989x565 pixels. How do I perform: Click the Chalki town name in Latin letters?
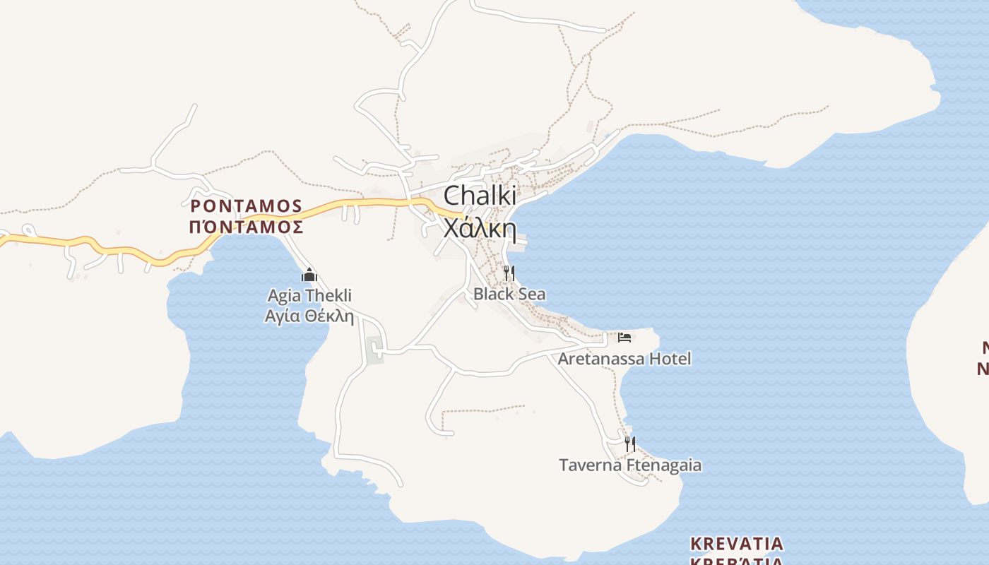point(480,196)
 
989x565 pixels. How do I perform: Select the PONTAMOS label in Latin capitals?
point(247,206)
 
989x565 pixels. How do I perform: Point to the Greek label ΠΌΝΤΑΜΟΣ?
point(247,227)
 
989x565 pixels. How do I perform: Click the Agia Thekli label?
point(309,295)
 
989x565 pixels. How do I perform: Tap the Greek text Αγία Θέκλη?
point(309,316)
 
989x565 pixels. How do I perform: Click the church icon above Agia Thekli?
point(309,275)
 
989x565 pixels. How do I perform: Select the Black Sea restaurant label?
point(509,294)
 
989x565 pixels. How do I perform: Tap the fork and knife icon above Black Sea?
point(509,273)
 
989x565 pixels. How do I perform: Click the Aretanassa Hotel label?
point(624,359)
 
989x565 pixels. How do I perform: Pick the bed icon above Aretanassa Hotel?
point(624,337)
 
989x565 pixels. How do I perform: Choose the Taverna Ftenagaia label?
point(630,465)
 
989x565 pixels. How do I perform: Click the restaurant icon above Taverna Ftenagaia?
point(630,444)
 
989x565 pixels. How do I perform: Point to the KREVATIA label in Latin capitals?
point(737,544)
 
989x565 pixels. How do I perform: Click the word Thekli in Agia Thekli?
point(328,295)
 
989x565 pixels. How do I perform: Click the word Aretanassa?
point(601,359)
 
